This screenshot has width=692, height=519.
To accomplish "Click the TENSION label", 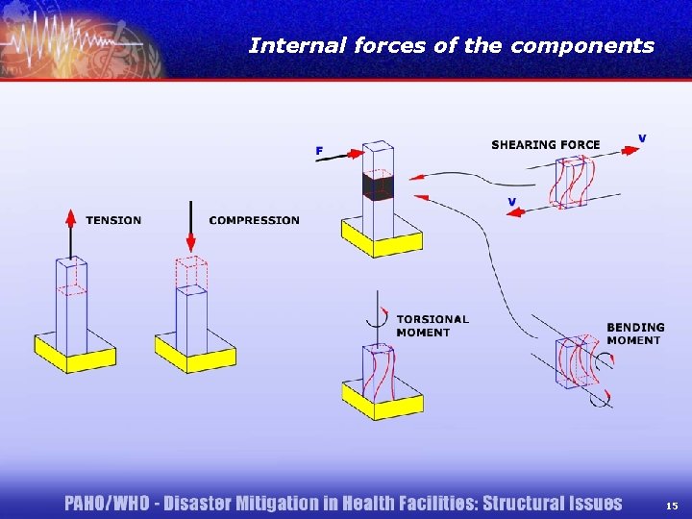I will point(113,220).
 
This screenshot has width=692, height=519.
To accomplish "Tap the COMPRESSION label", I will point(254,220).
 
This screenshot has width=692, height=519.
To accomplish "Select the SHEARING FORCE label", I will point(545,145).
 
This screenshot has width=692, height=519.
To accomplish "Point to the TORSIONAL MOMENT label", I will point(432,326).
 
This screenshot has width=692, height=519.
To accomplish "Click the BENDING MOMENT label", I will point(635,334).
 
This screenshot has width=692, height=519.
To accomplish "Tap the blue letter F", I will point(319,150).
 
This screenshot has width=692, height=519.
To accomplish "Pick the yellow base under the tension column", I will point(75,358).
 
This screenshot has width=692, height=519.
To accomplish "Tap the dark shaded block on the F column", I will point(378,186).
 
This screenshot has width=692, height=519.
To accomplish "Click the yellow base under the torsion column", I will point(382,406).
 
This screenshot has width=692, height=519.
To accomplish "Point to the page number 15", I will point(671,505).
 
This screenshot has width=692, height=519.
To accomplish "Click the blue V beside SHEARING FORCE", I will point(642,138).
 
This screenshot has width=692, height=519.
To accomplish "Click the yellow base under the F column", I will point(382,240).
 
